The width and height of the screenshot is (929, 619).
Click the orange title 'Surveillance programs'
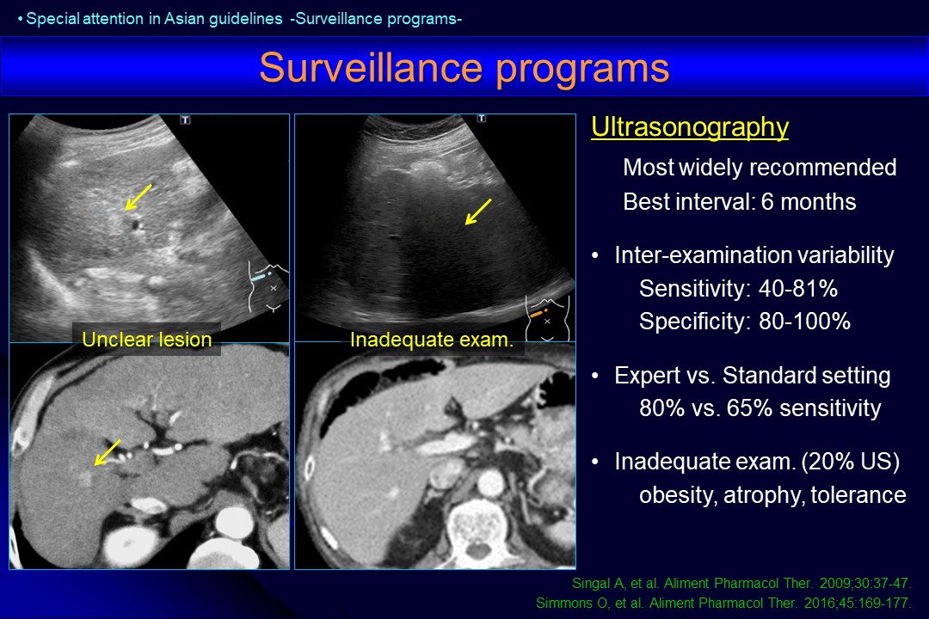[464, 68]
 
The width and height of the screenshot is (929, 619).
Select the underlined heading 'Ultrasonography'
[690, 127]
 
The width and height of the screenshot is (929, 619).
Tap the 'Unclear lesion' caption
[147, 340]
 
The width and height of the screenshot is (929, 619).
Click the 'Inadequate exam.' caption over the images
[431, 340]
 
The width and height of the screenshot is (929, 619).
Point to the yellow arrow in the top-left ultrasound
[138, 197]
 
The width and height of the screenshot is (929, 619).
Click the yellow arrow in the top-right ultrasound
[478, 211]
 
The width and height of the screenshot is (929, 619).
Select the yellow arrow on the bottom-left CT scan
[108, 452]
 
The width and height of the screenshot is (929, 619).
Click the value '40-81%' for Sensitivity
[798, 289]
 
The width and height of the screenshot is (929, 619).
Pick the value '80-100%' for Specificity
[804, 321]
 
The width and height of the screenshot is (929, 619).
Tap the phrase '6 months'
[808, 202]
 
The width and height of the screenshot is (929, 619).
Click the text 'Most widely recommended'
[760, 168]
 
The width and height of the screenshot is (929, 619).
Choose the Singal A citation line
[741, 584]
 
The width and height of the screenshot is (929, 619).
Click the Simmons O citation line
[723, 603]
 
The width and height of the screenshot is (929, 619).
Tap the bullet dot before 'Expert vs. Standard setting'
[596, 377]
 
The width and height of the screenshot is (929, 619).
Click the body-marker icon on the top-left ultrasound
[268, 286]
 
